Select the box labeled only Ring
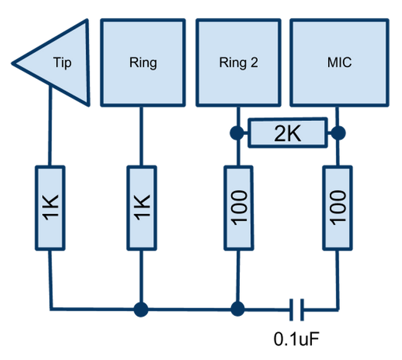tap(142, 62)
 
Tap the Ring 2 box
tap(238, 62)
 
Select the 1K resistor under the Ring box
tap(142, 208)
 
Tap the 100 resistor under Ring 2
tap(237, 208)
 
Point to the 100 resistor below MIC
tap(337, 208)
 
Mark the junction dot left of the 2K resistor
tap(236, 132)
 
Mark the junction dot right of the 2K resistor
tap(337, 132)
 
